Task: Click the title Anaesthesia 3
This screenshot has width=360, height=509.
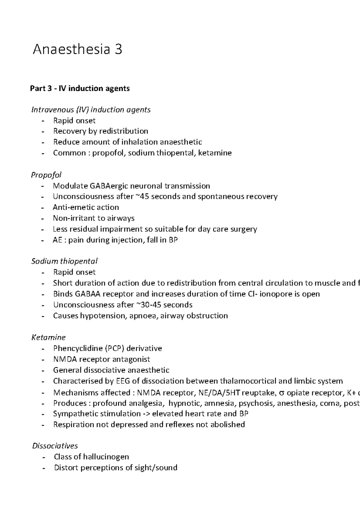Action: point(77,49)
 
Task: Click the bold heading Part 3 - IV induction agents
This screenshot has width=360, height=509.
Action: point(80,88)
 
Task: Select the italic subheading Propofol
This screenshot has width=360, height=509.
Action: point(46,175)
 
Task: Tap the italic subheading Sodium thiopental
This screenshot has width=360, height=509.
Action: point(64,261)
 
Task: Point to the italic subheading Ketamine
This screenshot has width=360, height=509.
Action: point(48,338)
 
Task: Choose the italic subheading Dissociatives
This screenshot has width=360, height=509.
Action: point(55,446)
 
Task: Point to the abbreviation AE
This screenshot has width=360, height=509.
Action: point(57,240)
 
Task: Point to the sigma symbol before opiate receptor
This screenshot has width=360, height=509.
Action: point(281,393)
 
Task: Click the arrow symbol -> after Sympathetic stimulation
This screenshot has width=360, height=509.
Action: point(146,414)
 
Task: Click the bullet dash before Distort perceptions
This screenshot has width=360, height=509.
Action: point(44,468)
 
